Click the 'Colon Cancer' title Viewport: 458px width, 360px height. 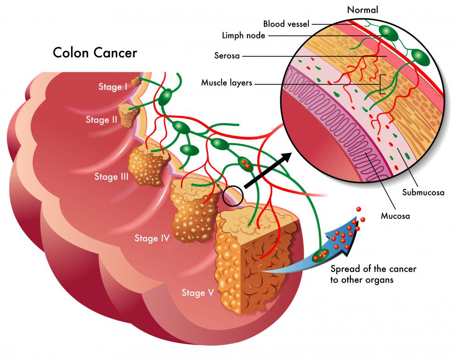95,53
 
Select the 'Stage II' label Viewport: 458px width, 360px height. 102,120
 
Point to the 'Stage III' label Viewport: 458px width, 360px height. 111,176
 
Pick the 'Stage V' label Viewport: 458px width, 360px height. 197,293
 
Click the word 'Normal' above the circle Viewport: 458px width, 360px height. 363,9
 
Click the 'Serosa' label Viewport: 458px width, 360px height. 228,56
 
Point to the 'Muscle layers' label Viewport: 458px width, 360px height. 227,83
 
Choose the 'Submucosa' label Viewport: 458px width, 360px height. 423,192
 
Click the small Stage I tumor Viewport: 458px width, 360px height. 136,82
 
